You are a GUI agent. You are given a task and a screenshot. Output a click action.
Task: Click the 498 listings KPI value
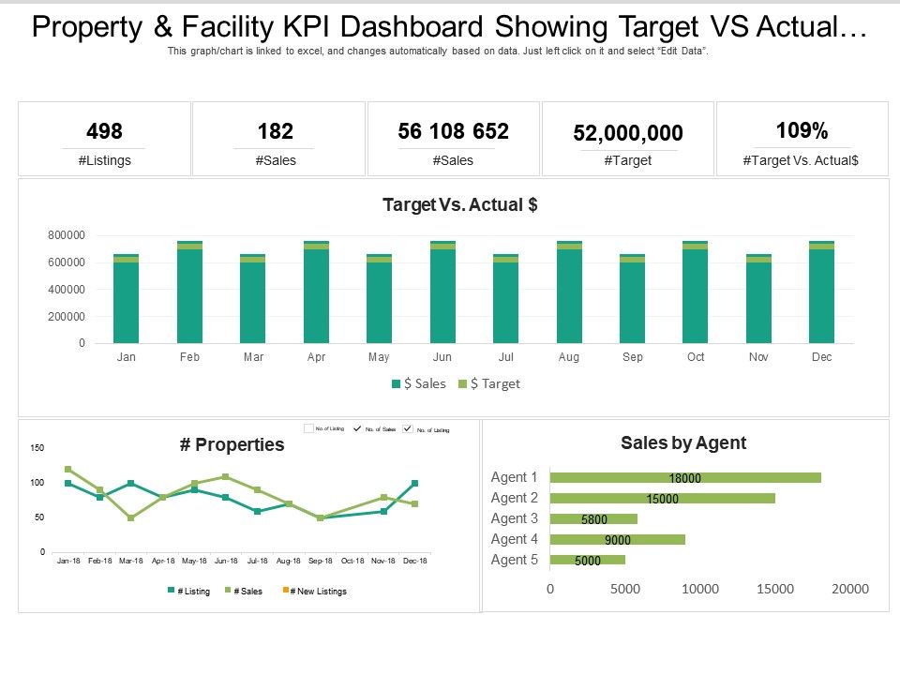click(x=104, y=131)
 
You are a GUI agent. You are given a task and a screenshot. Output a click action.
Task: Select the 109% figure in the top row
click(x=802, y=130)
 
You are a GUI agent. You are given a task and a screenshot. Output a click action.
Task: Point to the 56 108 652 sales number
click(x=454, y=131)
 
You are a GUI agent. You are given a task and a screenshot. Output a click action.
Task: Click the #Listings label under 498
click(x=104, y=160)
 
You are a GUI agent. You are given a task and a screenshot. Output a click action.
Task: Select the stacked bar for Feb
click(x=189, y=292)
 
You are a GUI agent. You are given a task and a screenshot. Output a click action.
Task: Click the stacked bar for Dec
click(x=821, y=292)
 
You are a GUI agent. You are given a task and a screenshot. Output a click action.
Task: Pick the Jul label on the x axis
click(x=505, y=357)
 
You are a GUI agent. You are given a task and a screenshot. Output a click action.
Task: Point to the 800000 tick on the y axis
click(x=66, y=235)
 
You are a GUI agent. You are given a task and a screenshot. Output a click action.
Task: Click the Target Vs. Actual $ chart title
click(x=459, y=204)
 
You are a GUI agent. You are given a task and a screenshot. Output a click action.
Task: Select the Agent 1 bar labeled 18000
click(x=685, y=478)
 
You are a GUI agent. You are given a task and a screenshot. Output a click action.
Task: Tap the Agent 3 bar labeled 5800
click(x=593, y=519)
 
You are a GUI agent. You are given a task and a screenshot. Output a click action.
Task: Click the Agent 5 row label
click(x=515, y=560)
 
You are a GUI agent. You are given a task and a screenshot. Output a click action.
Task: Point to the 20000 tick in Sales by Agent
click(x=849, y=589)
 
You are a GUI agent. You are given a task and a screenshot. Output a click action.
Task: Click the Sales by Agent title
click(x=683, y=443)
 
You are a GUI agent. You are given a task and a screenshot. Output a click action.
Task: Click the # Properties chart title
click(x=232, y=445)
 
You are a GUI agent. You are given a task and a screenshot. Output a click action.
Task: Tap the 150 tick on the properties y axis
click(x=37, y=448)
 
